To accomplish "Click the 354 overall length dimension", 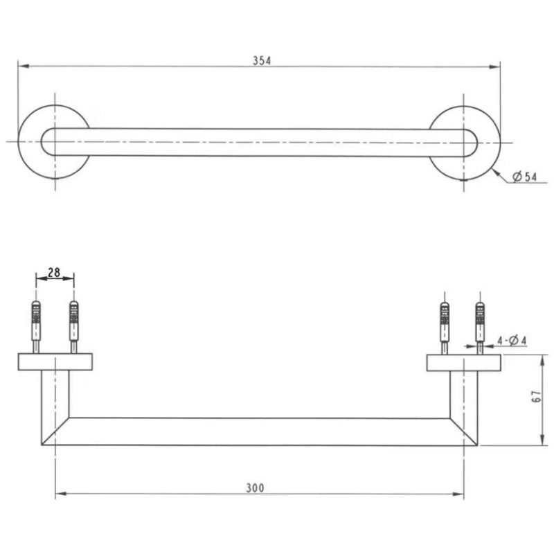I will click(262, 60).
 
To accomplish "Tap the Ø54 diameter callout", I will click(525, 177).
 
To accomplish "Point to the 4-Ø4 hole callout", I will click(512, 340).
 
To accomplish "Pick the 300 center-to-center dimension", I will click(256, 488).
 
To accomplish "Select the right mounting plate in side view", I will click(463, 362).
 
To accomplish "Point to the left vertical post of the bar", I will click(55, 402).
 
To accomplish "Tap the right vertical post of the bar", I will click(463, 402).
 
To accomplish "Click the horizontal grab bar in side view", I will click(259, 431).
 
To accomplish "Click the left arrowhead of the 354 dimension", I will click(22, 66).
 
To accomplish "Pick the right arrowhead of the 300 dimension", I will click(459, 494).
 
